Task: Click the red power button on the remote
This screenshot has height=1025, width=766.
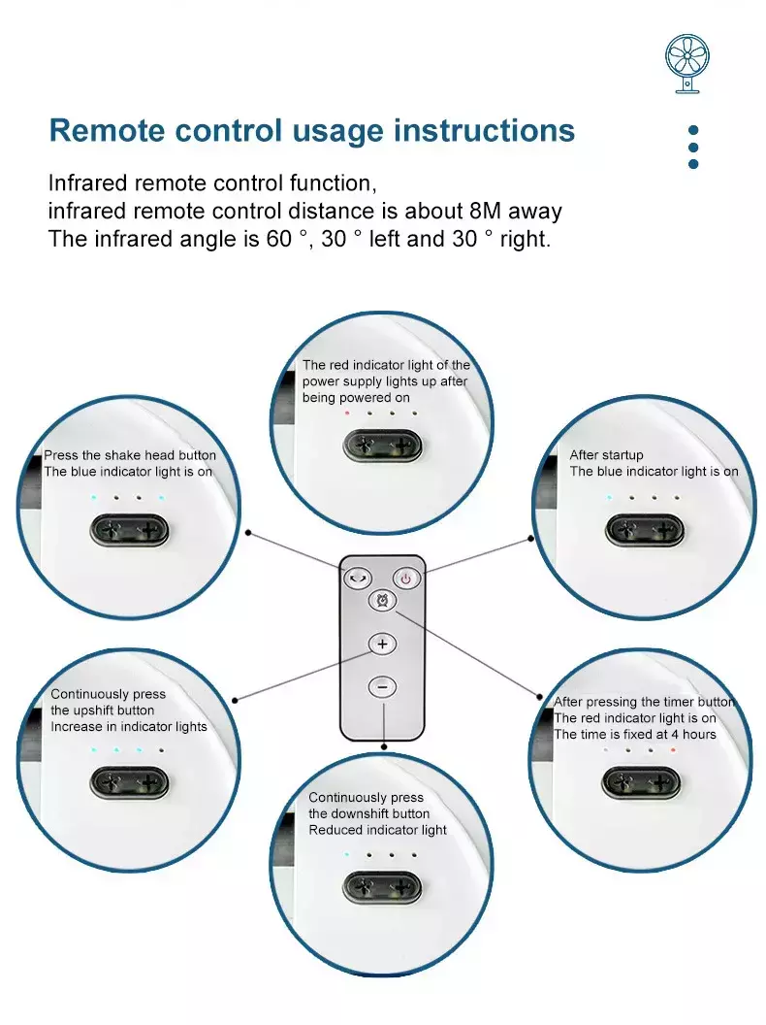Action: pos(406,578)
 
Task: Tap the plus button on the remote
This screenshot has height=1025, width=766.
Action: pos(382,644)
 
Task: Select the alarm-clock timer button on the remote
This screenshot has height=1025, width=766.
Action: pos(383,603)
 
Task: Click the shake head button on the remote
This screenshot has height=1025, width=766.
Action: pos(357,578)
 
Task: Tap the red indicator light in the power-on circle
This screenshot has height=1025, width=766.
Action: pos(347,413)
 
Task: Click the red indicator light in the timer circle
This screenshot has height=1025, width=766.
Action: pos(672,750)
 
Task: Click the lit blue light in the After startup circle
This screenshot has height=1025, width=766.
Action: pos(609,497)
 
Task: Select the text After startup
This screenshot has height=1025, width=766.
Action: pos(606,455)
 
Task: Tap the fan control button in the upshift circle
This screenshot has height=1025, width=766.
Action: pos(129,782)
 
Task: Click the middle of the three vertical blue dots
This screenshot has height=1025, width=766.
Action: pos(693,147)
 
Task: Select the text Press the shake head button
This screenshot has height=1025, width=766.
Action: pos(130,455)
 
